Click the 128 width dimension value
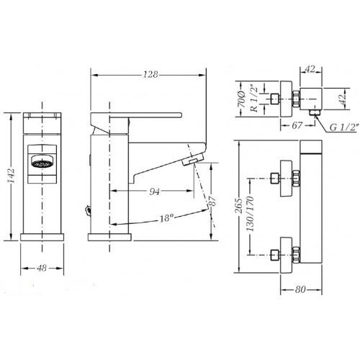(x=150, y=75)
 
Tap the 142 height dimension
(x=12, y=176)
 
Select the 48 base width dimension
(x=42, y=268)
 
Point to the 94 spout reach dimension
(x=154, y=192)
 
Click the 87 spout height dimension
(x=212, y=201)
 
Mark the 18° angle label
(x=166, y=218)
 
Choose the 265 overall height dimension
(x=239, y=206)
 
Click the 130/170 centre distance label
(x=251, y=214)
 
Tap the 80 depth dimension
(x=300, y=289)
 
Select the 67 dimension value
(x=297, y=125)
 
